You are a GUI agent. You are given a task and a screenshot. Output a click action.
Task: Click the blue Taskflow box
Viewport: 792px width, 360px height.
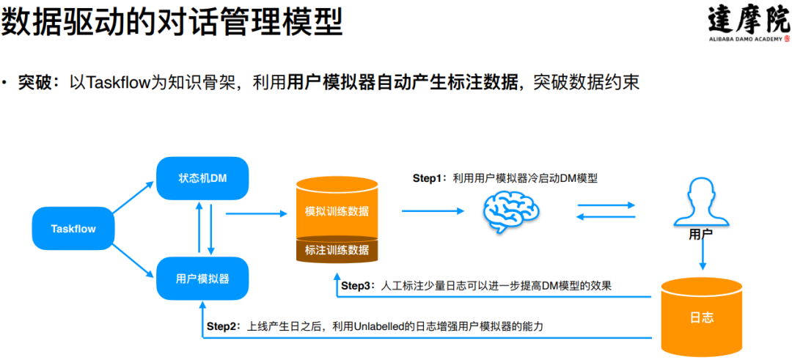(73, 228)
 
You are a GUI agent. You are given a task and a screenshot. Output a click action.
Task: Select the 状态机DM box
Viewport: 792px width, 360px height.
(202, 178)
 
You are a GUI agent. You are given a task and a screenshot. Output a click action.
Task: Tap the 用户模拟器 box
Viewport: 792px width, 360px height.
(202, 279)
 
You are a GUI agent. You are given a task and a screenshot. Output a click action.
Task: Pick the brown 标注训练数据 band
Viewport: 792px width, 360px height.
(337, 250)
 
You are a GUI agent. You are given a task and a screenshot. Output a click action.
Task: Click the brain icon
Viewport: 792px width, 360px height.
(510, 211)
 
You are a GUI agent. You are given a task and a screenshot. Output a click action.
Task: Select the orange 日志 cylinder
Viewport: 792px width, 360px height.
(701, 317)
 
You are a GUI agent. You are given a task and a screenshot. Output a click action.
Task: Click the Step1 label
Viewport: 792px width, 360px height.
(430, 178)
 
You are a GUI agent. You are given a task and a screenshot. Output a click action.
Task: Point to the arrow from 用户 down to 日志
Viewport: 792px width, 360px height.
(702, 257)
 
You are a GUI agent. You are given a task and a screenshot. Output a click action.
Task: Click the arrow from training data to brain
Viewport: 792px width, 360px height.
(433, 211)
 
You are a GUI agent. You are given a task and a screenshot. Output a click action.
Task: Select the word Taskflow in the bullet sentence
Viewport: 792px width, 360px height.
(118, 83)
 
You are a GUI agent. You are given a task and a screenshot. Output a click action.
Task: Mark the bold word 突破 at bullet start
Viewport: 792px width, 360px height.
(34, 83)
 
